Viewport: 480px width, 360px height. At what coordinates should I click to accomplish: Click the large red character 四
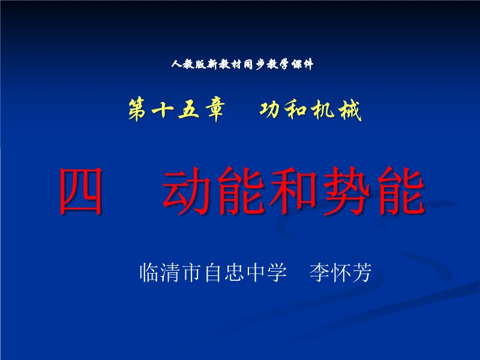[x=81, y=191]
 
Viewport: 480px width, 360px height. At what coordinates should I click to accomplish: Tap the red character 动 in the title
[x=187, y=191]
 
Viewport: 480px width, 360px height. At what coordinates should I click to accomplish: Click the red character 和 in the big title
[x=293, y=191]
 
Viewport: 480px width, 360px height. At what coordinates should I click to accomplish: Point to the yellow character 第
[x=137, y=110]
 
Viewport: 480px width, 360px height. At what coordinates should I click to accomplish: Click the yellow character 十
[x=163, y=110]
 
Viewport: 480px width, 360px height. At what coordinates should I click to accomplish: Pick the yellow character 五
[x=189, y=110]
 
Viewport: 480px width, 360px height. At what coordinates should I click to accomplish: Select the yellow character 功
[x=269, y=110]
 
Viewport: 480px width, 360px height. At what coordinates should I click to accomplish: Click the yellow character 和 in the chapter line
[x=295, y=110]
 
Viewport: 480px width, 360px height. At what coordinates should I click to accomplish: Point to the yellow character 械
[x=350, y=110]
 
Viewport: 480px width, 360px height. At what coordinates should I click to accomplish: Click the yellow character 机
[x=323, y=110]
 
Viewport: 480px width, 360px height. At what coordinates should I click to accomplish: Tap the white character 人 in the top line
[x=177, y=64]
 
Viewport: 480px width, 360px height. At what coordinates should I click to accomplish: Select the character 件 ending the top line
[x=307, y=64]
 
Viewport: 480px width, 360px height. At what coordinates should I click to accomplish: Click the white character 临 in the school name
[x=149, y=272]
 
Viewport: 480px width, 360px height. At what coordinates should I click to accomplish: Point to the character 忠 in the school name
[x=235, y=272]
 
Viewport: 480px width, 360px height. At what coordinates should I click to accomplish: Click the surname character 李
[x=319, y=272]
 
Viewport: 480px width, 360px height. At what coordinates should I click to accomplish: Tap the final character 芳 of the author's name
[x=362, y=272]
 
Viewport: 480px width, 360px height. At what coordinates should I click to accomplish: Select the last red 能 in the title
[x=401, y=191]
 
